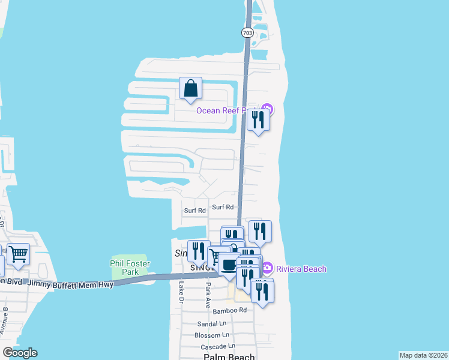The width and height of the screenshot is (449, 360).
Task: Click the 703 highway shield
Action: pos(247,33)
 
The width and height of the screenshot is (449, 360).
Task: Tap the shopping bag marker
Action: pos(190,89)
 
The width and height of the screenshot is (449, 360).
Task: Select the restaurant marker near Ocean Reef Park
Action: pos(258,120)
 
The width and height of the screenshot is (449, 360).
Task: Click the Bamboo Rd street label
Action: pos(230,311)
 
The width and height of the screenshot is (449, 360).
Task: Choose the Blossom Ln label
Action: pos(213,335)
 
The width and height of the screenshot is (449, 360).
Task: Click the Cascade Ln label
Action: pos(218,346)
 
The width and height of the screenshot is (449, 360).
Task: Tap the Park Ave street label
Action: pos(208,293)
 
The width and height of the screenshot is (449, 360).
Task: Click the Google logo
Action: pos(20,353)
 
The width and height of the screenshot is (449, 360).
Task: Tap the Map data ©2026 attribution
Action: pos(423,355)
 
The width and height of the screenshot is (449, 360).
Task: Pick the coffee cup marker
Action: pos(229,265)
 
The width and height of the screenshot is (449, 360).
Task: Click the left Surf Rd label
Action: pos(195,211)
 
